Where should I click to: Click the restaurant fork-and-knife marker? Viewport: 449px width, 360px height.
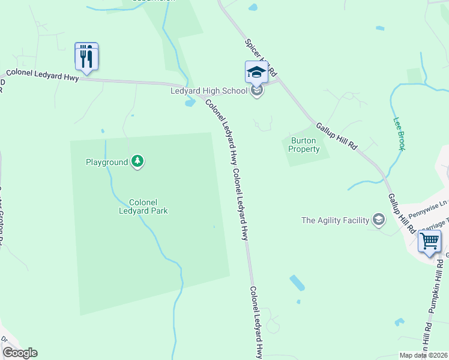[86, 57]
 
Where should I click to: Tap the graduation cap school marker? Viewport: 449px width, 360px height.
[256, 73]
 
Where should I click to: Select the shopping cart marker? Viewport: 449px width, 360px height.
[429, 242]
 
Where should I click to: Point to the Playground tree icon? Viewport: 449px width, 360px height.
[138, 161]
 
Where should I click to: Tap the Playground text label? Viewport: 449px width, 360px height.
[107, 162]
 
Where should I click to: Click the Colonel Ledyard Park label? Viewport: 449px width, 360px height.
[143, 206]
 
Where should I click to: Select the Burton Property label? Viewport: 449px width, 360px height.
[305, 145]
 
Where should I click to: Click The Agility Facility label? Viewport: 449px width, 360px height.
[335, 220]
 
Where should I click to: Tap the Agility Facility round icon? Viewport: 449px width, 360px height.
[378, 220]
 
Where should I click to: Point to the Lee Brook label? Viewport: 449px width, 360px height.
[398, 133]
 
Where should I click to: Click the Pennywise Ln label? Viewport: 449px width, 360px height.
[428, 208]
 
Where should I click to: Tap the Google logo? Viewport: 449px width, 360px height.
[20, 353]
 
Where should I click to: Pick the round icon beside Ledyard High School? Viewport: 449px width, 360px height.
[257, 92]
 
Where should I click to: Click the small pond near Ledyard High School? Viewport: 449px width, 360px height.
[190, 103]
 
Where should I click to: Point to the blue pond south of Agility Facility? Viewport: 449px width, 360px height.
[297, 283]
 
